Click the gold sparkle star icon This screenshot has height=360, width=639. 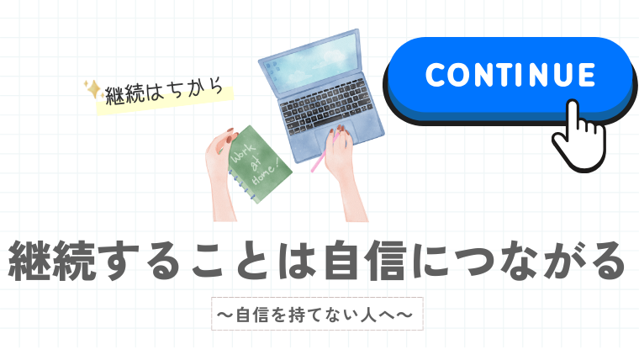93,89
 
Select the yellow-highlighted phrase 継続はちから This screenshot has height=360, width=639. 164,93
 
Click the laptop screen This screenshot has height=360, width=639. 313,62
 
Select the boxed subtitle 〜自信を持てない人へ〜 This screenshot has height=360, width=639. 317,314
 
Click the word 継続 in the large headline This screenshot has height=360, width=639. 52,262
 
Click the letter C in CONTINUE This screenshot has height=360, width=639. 437,75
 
